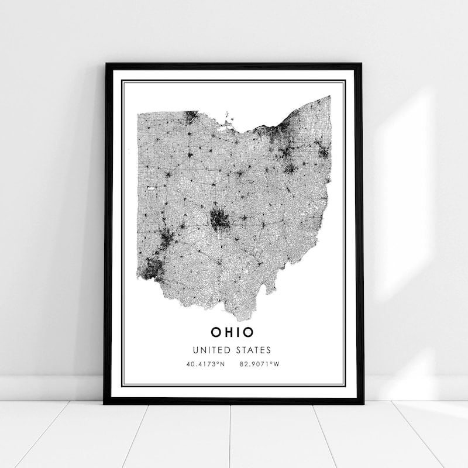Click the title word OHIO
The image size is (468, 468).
(233, 332)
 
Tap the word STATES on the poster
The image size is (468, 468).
(255, 350)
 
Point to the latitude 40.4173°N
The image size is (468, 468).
(205, 364)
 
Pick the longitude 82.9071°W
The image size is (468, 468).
(260, 364)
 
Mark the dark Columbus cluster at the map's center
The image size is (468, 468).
(219, 219)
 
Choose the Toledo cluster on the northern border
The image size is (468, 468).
(191, 117)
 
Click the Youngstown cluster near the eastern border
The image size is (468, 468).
(322, 151)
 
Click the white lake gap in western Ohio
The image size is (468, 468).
(151, 188)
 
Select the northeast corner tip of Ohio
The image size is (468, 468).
(329, 97)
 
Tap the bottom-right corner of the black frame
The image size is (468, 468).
(362, 403)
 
